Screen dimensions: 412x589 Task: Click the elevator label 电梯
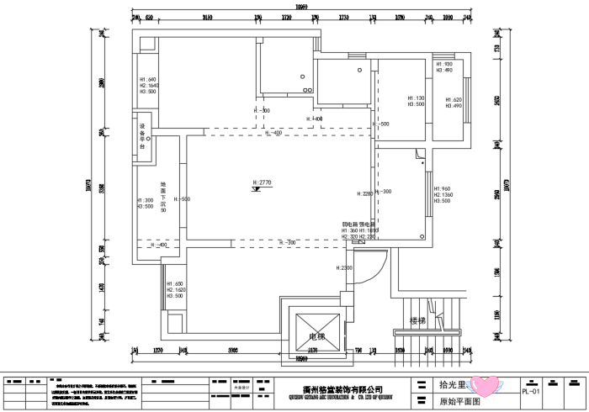coord(316,336)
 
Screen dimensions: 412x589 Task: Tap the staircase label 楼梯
coord(418,320)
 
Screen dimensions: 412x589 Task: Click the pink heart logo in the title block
coord(485,386)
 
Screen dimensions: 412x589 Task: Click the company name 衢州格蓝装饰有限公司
coord(342,390)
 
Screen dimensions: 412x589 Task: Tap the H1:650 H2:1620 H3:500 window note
coord(175,290)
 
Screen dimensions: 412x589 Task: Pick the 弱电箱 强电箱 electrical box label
coord(360,230)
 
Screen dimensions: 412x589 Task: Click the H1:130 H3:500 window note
coord(417,101)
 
